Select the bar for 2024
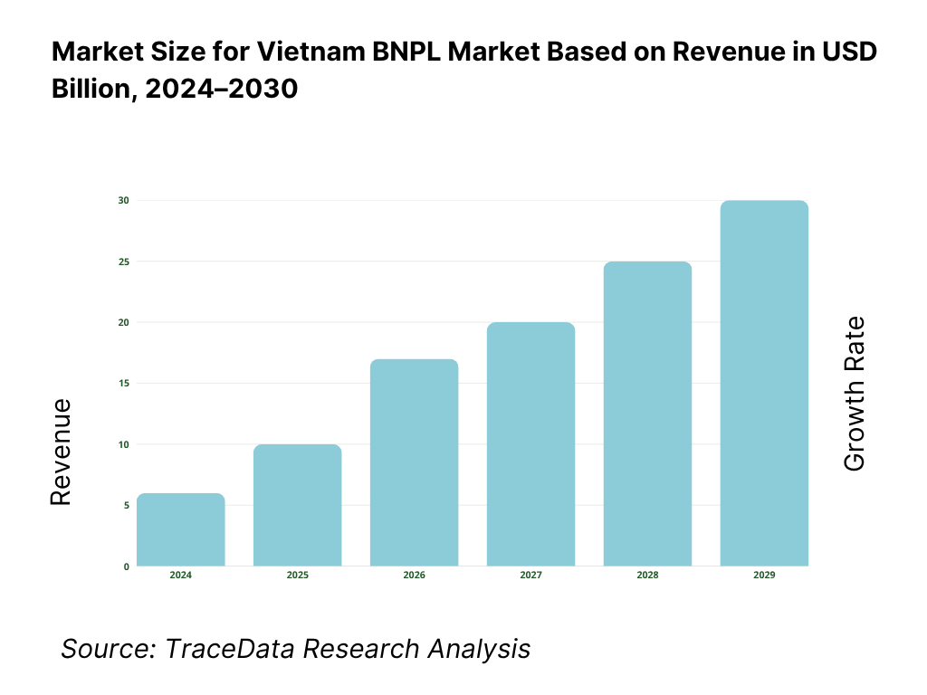pos(181,529)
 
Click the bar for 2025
pos(298,505)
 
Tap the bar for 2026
pos(415,462)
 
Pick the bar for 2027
pos(530,444)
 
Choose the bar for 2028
pos(647,414)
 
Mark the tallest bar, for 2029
pos(764,383)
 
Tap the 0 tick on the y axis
pos(126,566)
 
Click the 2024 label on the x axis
pos(181,576)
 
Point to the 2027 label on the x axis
pos(530,576)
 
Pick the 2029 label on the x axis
pos(764,576)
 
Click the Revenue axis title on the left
pos(61,452)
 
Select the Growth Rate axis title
pos(854,394)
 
